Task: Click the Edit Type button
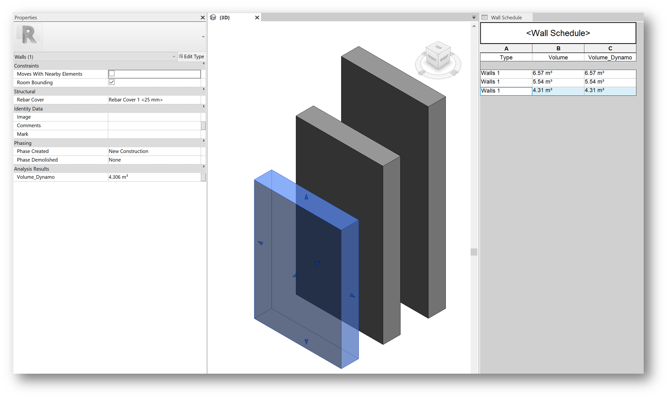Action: point(191,57)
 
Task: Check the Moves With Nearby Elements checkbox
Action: point(112,73)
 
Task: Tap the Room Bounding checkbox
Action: point(112,82)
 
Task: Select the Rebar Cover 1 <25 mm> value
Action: point(136,100)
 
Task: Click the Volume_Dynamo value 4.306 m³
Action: point(118,177)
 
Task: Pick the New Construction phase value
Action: point(128,151)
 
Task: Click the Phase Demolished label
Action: point(37,160)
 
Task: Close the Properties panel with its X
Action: point(203,18)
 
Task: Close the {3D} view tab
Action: point(257,18)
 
